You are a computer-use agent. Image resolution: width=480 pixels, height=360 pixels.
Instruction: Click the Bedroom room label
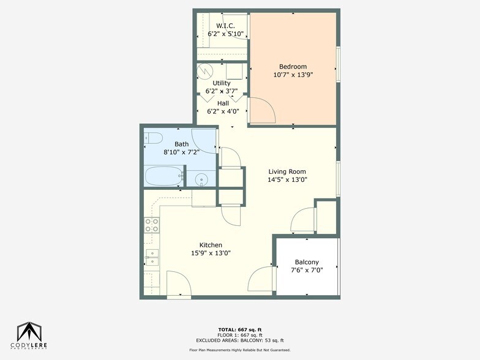pos(293,67)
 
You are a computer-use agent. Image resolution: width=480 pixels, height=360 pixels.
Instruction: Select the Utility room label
pos(222,83)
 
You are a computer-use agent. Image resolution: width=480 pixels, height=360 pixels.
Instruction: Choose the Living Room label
pos(287,172)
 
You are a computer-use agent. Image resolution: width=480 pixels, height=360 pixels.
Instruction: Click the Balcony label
pos(307,262)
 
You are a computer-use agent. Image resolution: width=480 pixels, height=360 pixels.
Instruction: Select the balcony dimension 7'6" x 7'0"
pos(307,271)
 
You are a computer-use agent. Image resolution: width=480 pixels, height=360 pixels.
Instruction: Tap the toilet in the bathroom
pos(152,138)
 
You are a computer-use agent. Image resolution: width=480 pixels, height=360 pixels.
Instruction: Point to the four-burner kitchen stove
pos(151,225)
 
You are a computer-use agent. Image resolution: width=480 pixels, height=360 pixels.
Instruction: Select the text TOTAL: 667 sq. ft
pos(239,330)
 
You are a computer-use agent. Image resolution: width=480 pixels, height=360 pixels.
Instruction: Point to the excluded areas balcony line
pos(239,340)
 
